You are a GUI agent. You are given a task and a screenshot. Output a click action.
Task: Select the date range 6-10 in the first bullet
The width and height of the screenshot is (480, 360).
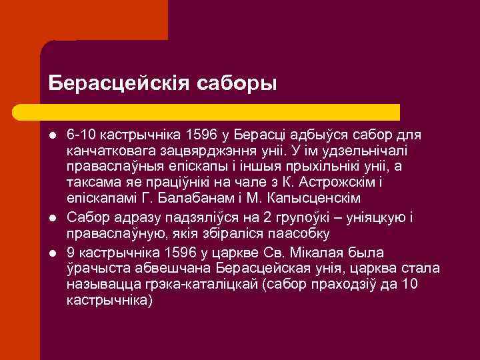pyautogui.click(x=81, y=135)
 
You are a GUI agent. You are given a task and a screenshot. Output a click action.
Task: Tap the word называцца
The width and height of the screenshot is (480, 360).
pyautogui.click(x=97, y=285)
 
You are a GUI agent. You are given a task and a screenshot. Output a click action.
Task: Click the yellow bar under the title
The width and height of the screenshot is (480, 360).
pyautogui.click(x=220, y=111)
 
